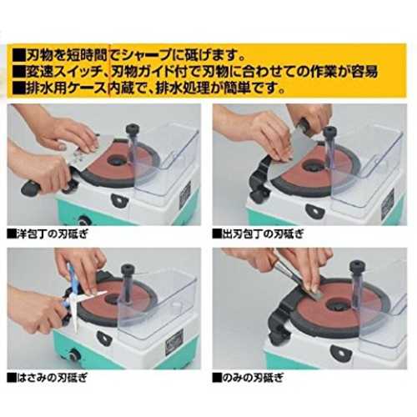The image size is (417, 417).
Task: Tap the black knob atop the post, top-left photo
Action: [133, 130]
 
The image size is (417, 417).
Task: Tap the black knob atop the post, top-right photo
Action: [330, 132]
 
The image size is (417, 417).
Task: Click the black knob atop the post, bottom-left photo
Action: [128, 270]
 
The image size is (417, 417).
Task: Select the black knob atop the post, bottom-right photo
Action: [357, 267]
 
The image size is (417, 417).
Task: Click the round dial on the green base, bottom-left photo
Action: [73, 355]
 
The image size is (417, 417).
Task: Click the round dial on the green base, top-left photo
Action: [83, 221]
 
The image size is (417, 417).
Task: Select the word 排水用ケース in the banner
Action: [66, 88]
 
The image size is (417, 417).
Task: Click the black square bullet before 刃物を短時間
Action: [19, 56]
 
